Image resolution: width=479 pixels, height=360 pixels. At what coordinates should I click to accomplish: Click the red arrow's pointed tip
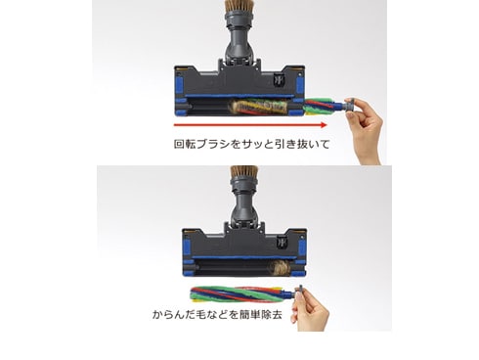coord(327,125)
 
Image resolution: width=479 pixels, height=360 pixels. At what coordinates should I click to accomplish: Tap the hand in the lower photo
coord(310,311)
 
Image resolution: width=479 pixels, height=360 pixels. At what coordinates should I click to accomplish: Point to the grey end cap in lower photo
coord(299,292)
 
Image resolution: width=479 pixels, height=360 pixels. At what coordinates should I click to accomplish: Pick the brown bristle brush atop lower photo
coord(244,173)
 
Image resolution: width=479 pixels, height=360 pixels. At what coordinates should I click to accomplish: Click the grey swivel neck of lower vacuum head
coord(244,205)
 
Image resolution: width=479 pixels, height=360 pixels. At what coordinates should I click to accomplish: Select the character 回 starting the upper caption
coord(179,144)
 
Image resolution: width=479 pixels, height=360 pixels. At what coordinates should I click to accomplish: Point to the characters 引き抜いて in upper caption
coord(302,144)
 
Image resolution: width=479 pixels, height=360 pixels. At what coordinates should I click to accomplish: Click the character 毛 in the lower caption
coord(202,314)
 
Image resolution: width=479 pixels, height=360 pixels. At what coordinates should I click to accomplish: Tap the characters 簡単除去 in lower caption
coord(260,314)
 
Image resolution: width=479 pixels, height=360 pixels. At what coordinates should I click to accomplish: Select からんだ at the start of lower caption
coord(174,314)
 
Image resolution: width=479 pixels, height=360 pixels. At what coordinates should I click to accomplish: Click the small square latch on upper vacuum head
coord(278,80)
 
